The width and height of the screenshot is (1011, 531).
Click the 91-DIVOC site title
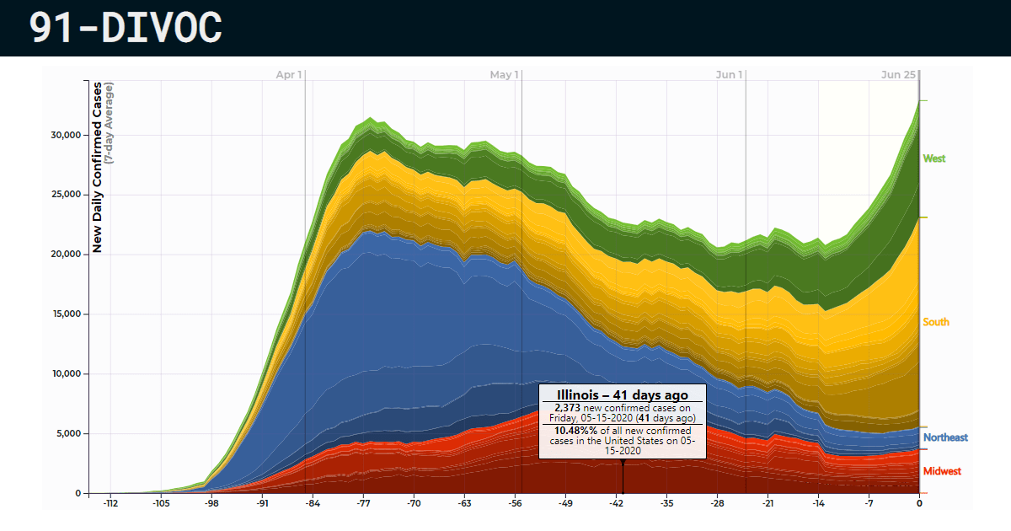pos(126,28)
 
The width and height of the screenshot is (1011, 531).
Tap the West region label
pos(934,158)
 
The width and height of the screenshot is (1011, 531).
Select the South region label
pos(936,322)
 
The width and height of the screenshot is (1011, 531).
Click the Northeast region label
pos(945,437)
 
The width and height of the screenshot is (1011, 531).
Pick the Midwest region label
pos(942,471)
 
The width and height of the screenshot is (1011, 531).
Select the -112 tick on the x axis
pos(110,504)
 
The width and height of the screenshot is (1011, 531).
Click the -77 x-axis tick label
pos(363,504)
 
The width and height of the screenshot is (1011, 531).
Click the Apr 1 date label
pos(289,75)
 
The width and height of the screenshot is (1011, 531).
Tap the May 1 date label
pos(504,75)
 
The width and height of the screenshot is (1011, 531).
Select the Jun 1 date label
pos(730,75)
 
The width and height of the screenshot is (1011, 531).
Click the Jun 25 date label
pos(898,75)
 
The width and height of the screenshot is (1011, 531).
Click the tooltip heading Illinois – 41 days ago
pos(623,394)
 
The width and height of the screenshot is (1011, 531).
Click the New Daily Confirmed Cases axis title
pos(98,167)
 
